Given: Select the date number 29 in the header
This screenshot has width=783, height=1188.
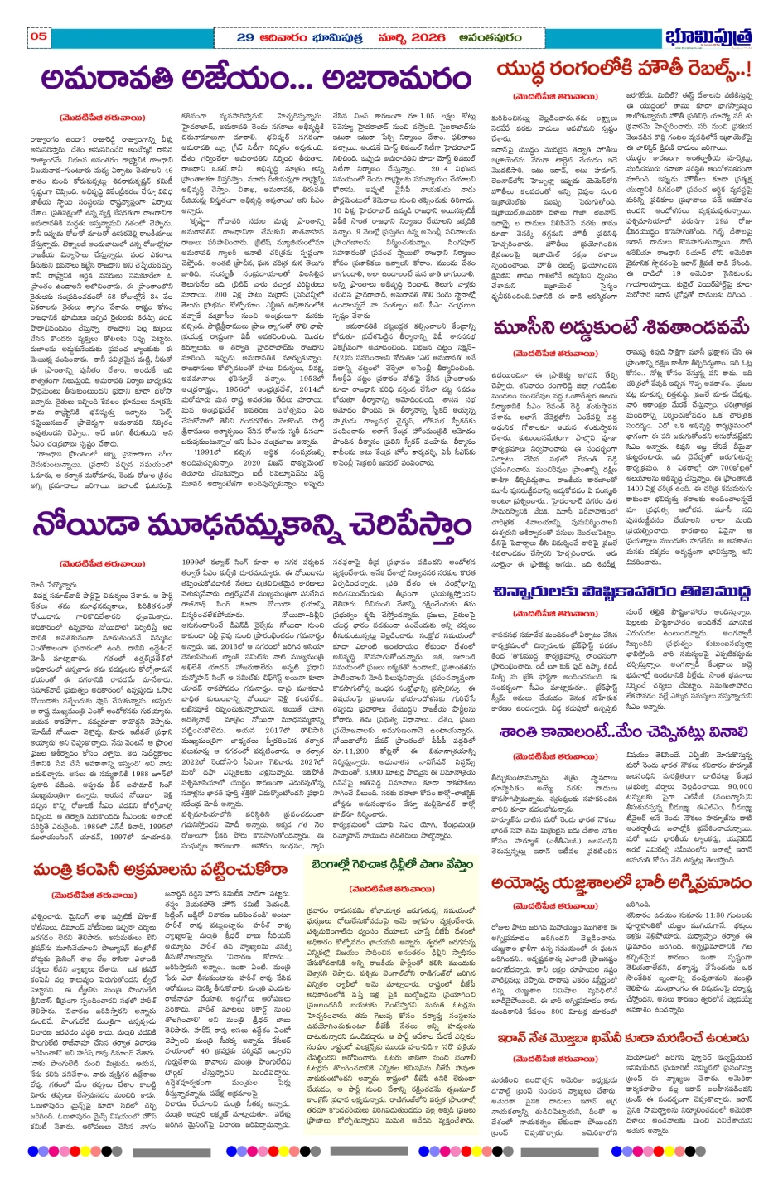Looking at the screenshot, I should click(x=245, y=37).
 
